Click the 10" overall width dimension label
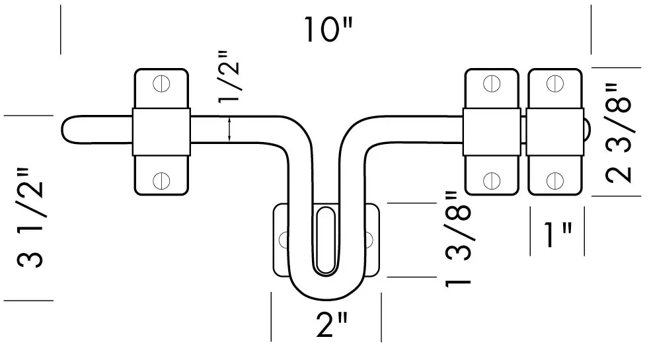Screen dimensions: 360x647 click(x=328, y=30)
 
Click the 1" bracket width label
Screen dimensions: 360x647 click(x=557, y=234)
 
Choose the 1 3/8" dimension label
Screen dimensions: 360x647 click(x=460, y=238)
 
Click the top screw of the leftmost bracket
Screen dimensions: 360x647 click(x=161, y=84)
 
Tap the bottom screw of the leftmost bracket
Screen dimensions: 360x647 click(x=161, y=179)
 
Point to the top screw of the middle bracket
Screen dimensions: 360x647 click(x=491, y=84)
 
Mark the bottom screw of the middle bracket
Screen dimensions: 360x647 click(x=491, y=179)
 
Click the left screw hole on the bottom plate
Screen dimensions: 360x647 click(x=284, y=238)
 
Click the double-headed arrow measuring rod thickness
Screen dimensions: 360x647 click(x=229, y=128)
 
